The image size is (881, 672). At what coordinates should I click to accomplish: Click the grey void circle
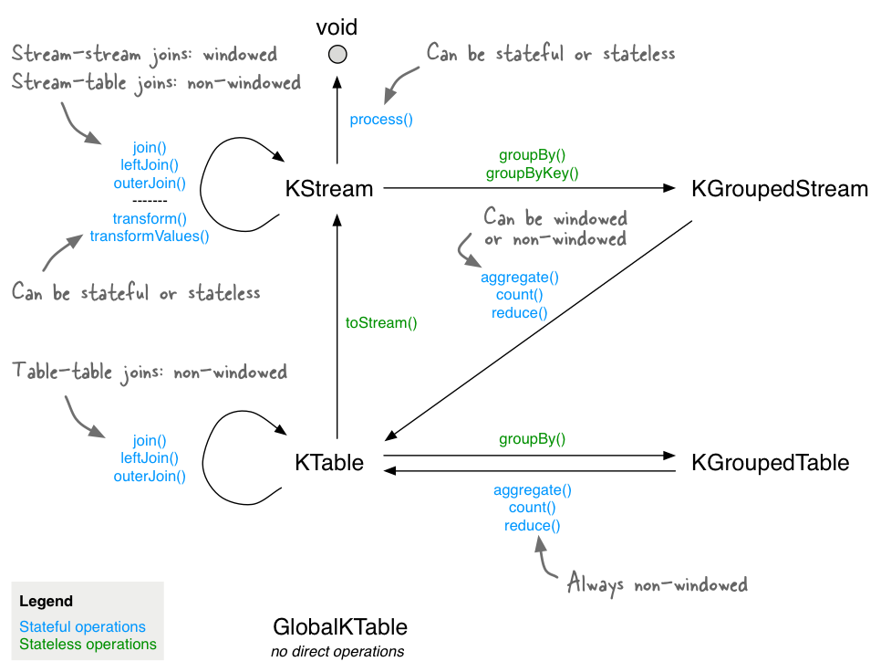(x=337, y=55)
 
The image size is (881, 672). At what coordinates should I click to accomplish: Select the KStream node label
(x=328, y=189)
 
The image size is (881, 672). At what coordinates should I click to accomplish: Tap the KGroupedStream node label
(x=779, y=189)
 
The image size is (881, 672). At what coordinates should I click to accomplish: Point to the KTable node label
(x=329, y=463)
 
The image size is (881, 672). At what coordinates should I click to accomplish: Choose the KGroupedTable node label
(x=771, y=463)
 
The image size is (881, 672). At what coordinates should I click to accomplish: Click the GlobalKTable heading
(x=340, y=626)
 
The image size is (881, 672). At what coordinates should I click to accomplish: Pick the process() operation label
(x=381, y=120)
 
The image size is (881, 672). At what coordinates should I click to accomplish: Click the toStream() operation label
(x=381, y=323)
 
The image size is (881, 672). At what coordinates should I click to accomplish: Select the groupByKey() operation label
(x=532, y=173)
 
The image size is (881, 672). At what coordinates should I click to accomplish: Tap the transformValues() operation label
(x=150, y=236)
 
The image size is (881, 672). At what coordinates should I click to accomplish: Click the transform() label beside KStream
(x=150, y=218)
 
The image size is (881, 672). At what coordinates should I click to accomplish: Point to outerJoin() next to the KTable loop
(x=150, y=477)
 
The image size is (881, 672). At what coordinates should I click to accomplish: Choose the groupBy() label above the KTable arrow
(x=532, y=438)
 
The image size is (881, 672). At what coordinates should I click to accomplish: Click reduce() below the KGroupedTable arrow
(x=532, y=525)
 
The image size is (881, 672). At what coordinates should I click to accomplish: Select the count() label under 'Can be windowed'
(x=519, y=295)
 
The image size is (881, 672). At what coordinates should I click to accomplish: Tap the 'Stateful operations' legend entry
(x=82, y=626)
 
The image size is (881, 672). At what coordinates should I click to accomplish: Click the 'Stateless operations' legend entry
(x=88, y=644)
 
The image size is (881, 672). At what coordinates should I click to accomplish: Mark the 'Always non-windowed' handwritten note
(x=658, y=583)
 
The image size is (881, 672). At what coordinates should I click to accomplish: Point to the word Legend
(x=47, y=601)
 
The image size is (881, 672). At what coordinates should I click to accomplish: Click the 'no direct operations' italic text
(x=337, y=651)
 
